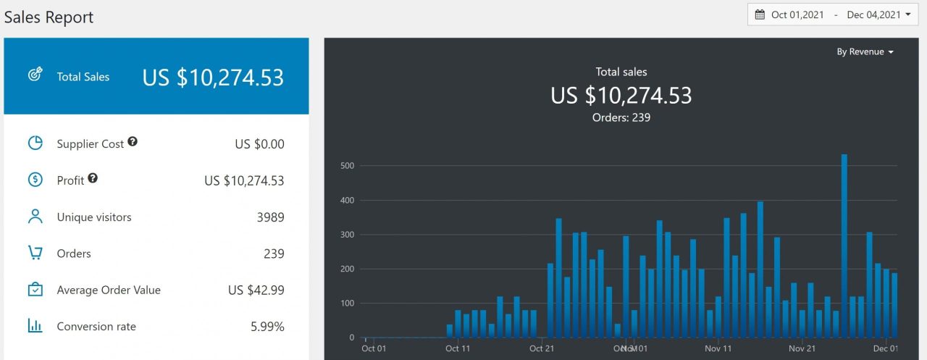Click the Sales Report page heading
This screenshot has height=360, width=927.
49,17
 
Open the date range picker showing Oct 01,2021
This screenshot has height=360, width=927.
832,14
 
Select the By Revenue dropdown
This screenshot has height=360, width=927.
865,52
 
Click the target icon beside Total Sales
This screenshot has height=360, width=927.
35,75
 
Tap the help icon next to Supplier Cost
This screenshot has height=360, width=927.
133,142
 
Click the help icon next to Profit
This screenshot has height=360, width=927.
93,178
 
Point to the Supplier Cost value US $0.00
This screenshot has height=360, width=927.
259,144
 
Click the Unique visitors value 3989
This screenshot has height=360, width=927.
270,217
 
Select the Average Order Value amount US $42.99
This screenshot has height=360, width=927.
256,290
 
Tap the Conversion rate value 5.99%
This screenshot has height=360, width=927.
267,327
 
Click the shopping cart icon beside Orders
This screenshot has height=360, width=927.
35,253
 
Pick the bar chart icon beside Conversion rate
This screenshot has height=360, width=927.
35,326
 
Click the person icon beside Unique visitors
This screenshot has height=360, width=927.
35,217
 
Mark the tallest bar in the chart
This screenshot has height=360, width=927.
844,246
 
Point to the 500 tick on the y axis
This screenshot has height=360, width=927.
348,166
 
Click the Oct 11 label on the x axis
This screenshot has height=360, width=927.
457,348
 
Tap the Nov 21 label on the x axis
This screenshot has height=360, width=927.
802,348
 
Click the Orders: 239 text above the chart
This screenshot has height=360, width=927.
621,117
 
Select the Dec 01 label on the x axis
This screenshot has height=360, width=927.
885,348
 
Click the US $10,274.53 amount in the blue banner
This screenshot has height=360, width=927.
213,78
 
